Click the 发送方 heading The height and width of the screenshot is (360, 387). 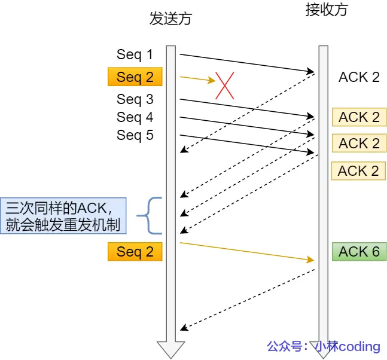[170, 19]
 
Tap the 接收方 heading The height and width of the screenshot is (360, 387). [325, 10]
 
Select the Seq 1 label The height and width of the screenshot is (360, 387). [135, 54]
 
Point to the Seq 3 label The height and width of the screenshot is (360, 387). [135, 99]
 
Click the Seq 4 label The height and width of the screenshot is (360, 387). [135, 117]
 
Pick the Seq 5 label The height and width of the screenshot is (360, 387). [135, 135]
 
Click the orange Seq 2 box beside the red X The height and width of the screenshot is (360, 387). [135, 77]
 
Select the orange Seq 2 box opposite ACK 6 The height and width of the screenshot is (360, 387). [135, 252]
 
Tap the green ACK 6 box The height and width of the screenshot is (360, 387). [359, 252]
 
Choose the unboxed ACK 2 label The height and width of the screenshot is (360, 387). [359, 77]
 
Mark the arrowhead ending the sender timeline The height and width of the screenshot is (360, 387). [170, 349]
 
